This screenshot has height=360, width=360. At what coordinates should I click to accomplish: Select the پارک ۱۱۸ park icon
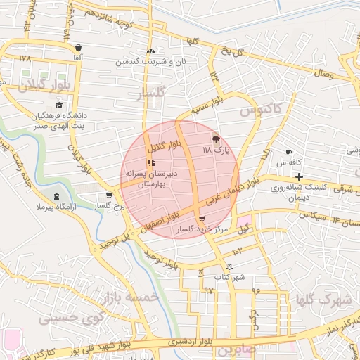coord(215,139)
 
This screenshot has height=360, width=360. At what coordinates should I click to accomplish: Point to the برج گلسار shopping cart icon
coord(108,195)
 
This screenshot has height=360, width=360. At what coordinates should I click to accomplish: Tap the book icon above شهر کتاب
coord(229,266)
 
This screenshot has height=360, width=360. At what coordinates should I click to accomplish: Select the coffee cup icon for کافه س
coord(288,152)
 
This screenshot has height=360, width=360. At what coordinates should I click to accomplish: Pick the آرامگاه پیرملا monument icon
coord(56,195)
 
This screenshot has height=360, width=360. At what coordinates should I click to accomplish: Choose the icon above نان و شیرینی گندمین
coord(151,51)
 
